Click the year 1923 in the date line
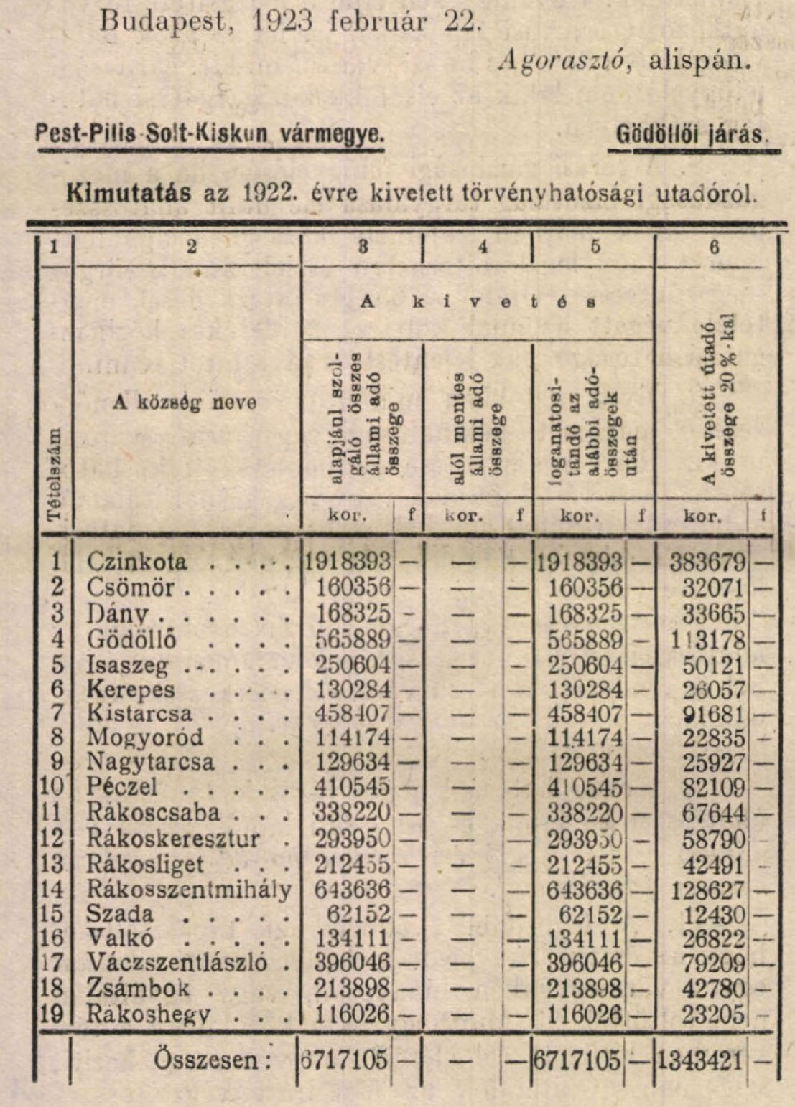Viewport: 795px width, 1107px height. [282, 22]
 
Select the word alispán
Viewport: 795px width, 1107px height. [699, 60]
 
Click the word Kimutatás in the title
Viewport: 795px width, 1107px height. [129, 193]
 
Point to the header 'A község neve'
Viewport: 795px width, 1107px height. [185, 402]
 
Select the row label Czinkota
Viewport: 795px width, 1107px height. [136, 561]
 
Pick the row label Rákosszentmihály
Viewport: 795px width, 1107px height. [190, 890]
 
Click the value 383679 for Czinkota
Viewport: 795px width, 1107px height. [707, 562]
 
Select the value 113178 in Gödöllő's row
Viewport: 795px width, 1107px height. [707, 639]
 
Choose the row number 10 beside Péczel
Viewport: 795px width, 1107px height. [52, 786]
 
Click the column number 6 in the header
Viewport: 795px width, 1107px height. [714, 247]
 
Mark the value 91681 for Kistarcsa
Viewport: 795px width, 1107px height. [714, 715]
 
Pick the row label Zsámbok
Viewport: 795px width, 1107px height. [138, 988]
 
